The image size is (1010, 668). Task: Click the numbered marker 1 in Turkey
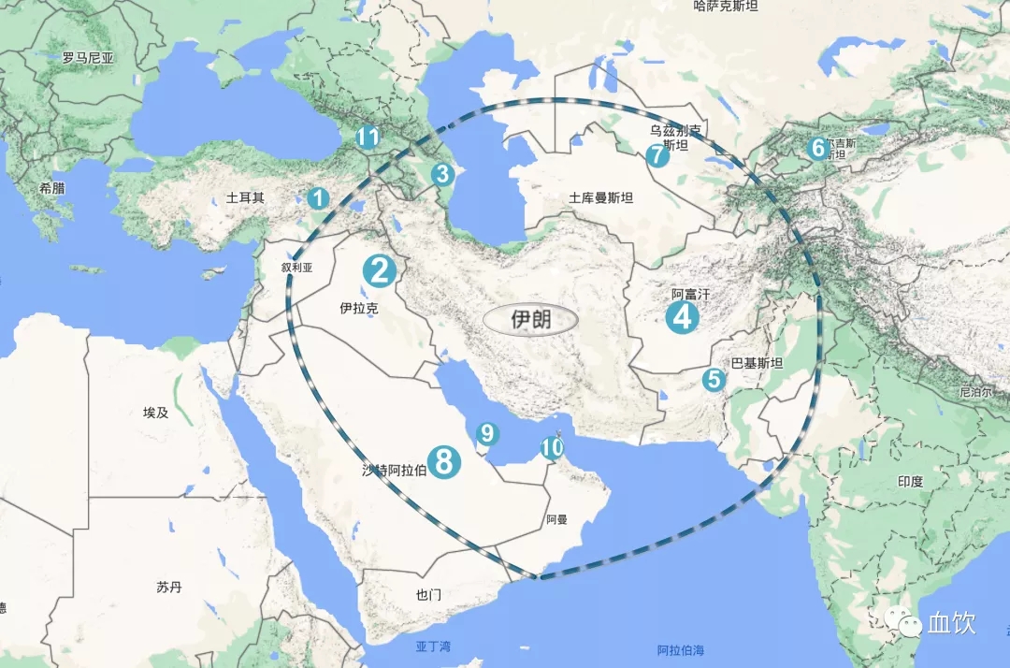(318, 198)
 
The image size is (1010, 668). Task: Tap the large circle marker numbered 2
(380, 271)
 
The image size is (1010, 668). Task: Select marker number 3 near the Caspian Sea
(441, 174)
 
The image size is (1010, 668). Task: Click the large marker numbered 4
(682, 317)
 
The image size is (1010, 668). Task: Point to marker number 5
(714, 379)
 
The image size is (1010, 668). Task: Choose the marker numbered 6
(817, 148)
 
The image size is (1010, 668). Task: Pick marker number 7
(658, 155)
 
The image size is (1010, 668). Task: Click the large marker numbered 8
(444, 460)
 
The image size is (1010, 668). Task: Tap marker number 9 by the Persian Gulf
(486, 433)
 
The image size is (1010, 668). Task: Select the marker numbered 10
(552, 448)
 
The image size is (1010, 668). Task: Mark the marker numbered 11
(368, 138)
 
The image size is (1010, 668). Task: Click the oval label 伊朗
(530, 319)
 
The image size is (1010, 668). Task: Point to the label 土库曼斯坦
(601, 198)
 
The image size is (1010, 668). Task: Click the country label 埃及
(155, 412)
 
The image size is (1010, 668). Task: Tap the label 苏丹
(169, 588)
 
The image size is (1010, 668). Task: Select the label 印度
(910, 482)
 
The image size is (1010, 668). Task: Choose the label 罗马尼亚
(89, 58)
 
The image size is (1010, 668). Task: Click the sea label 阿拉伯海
(680, 650)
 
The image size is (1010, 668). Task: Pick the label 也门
(428, 594)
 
